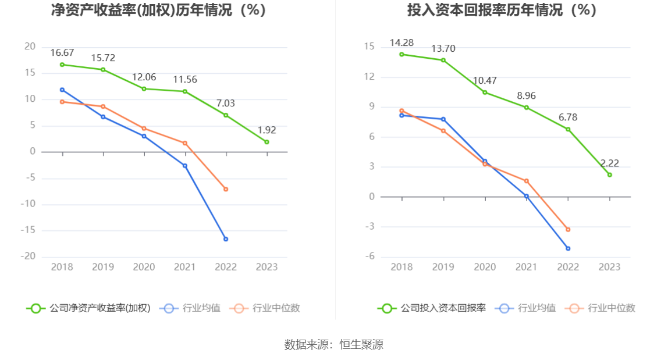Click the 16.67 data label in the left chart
(62, 52)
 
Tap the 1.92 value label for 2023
(267, 130)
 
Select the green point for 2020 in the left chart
(144, 89)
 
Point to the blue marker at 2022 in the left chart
(226, 239)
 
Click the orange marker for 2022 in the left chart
(226, 189)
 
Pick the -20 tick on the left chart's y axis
(29, 256)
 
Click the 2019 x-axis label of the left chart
(103, 267)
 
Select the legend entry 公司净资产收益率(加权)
(88, 308)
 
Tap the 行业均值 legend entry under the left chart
(193, 308)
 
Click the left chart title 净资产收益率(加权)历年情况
(159, 10)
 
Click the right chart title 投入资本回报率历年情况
(502, 10)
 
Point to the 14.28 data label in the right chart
(401, 42)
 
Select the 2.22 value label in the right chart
(609, 163)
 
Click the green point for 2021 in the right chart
(527, 108)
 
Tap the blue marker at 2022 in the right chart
(568, 248)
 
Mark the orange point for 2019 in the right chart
(443, 131)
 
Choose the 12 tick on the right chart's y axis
(369, 77)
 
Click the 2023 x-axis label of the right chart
(609, 267)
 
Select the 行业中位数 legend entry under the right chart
(603, 308)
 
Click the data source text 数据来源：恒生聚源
(334, 344)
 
